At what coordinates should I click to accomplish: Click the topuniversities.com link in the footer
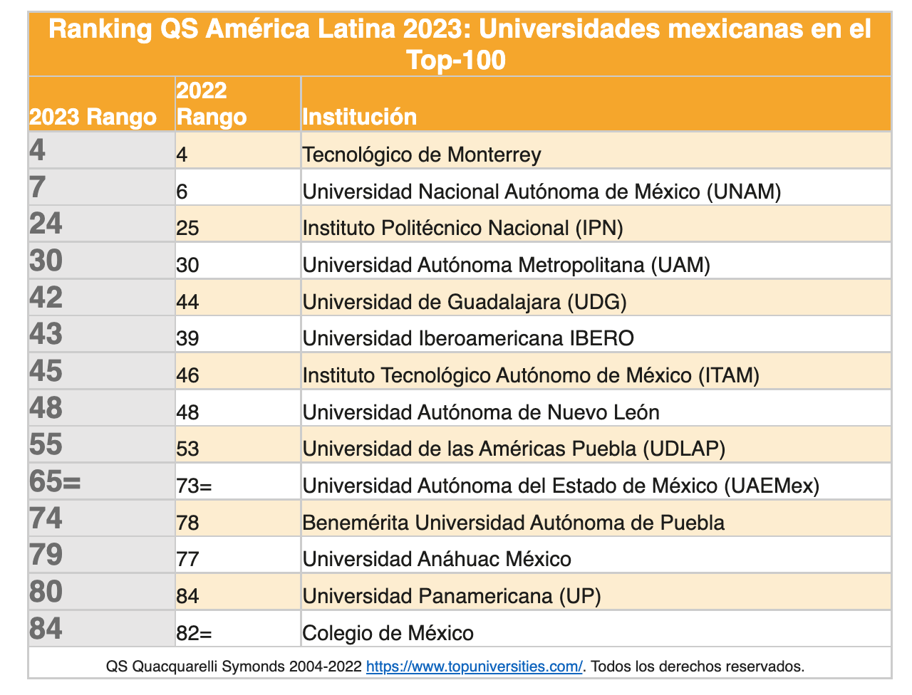point(474,667)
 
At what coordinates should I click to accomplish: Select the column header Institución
point(360,117)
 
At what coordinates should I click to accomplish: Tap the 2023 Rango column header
point(93,117)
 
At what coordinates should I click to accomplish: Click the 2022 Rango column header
point(211,104)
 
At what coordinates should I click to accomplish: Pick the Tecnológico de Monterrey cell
point(422,155)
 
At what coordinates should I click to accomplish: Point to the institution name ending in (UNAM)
point(541,192)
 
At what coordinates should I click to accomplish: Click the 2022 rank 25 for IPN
point(188,229)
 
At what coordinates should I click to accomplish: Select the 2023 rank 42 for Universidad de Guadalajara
point(46,298)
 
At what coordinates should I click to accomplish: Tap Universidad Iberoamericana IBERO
point(468,338)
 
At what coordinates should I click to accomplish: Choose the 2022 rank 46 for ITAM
point(188,375)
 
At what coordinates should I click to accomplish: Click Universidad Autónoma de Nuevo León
point(481,412)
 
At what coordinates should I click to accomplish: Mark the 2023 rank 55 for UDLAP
point(46,444)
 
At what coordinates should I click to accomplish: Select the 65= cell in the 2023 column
point(56,481)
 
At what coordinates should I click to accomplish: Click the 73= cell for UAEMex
point(195,486)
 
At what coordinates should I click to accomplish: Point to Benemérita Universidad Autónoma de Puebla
point(513,523)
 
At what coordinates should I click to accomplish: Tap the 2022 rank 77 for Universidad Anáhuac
point(188,559)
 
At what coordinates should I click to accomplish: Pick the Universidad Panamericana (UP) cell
point(452,596)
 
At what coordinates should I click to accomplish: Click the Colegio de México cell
point(388,633)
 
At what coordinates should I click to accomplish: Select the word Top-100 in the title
point(456,60)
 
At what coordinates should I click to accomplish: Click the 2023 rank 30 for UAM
point(46,261)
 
